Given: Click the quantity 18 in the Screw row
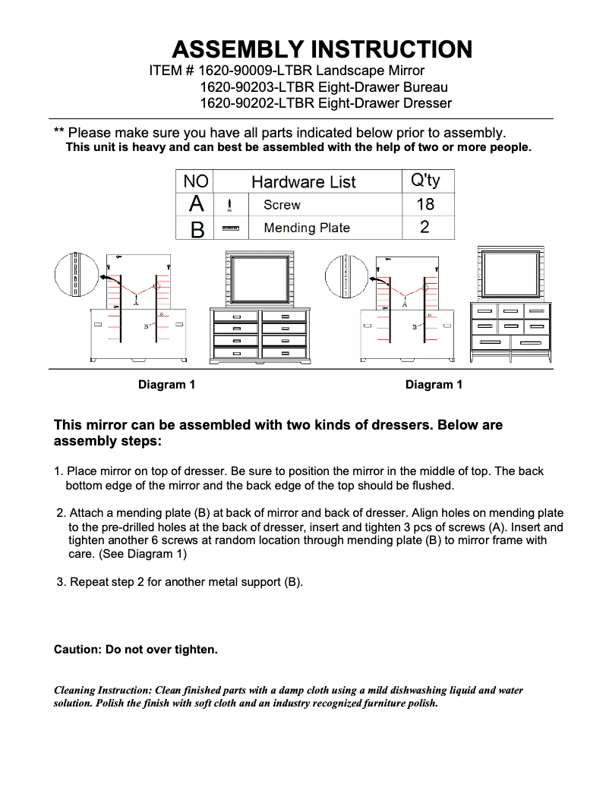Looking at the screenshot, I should coord(424,204).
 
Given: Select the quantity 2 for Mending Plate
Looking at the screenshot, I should coord(424,227).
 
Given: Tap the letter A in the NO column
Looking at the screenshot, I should coord(196,204).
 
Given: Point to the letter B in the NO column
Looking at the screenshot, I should coord(197,228).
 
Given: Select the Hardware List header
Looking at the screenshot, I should coord(303,182).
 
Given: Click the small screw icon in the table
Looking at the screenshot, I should coord(229,205).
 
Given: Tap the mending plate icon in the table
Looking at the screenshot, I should coord(230,228).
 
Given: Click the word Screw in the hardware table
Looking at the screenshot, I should coord(282,205).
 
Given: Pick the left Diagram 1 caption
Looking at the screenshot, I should coord(166,385).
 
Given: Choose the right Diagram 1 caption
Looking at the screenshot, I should coord(434,385).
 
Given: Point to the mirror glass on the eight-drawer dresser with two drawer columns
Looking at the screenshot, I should coord(260,278).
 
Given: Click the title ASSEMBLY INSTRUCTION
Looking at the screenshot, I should coord(322,50).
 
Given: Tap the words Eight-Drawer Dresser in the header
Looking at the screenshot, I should coord(384,103).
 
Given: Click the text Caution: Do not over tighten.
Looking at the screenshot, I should coord(136,650).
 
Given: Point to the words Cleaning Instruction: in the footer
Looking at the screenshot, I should coord(103,691).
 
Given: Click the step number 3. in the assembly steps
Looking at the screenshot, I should coord(62,582).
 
